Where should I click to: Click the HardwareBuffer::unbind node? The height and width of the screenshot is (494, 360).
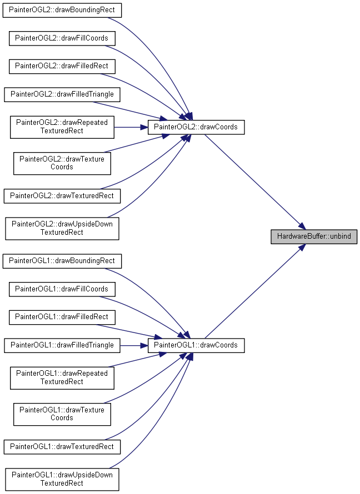[314, 236]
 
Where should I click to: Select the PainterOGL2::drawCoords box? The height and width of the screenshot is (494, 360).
[196, 127]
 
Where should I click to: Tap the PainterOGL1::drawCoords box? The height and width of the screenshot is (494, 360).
[196, 345]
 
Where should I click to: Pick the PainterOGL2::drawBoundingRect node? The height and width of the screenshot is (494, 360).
[62, 10]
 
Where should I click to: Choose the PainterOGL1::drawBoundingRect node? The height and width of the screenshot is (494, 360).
[62, 261]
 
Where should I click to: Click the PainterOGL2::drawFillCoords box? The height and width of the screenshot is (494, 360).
[62, 38]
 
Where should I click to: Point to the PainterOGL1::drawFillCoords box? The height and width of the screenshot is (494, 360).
[62, 289]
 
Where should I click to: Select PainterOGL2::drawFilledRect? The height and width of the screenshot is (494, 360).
[62, 66]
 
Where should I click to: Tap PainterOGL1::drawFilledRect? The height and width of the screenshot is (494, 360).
[62, 317]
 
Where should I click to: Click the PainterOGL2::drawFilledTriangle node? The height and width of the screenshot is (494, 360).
[62, 94]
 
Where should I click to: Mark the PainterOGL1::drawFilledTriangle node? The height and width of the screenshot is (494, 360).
[62, 345]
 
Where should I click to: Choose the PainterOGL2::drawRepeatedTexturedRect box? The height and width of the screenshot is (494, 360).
[62, 127]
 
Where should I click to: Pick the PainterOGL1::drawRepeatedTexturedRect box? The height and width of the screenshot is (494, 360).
[62, 378]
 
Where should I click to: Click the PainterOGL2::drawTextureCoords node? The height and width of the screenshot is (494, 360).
[62, 164]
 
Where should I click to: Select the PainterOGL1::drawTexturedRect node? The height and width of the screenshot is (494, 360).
[62, 447]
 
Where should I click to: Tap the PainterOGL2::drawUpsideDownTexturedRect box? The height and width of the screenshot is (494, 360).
[62, 229]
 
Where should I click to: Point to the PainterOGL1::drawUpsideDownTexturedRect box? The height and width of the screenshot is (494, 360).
[62, 480]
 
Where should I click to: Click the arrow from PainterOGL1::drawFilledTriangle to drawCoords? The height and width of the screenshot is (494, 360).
[134, 346]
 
